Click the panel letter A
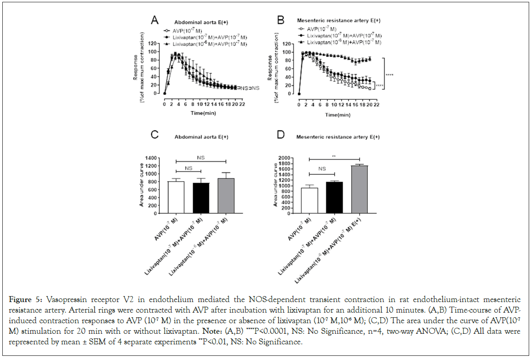(x=155, y=20)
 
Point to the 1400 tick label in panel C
(x=150, y=158)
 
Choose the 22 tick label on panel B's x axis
(x=376, y=104)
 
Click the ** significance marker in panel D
(x=334, y=156)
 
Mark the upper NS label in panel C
(x=200, y=157)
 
